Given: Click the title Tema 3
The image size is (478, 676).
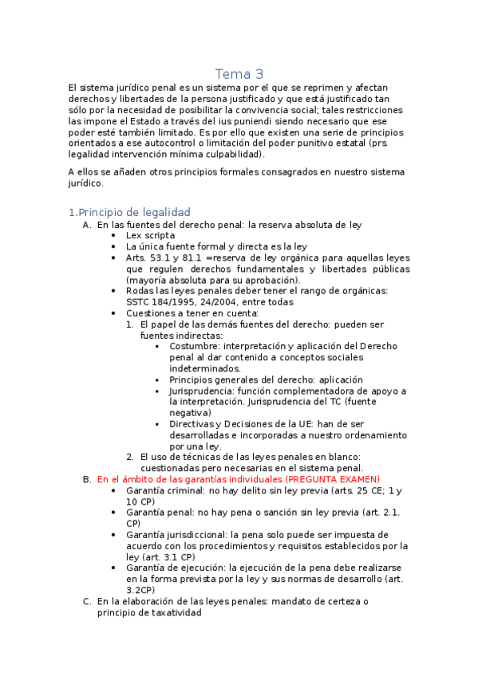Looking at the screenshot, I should pyautogui.click(x=239, y=74).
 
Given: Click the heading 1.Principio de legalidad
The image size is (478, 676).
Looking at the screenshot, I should pyautogui.click(x=129, y=212).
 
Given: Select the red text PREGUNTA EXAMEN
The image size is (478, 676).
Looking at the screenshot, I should pyautogui.click(x=333, y=479).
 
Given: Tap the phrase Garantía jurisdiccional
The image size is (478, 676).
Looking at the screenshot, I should pyautogui.click(x=167, y=535).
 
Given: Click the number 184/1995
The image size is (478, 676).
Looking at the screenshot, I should pyautogui.click(x=176, y=302).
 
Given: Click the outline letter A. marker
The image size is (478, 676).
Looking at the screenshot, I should pyautogui.click(x=86, y=225).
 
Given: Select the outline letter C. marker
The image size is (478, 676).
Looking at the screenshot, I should pyautogui.click(x=86, y=601).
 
